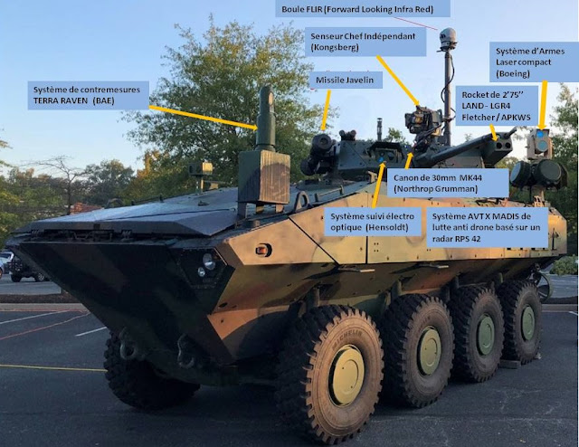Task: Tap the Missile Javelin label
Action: tap(348, 80)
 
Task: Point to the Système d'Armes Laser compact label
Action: tap(531, 61)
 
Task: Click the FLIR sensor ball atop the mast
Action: tap(448, 38)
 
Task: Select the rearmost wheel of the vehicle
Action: tap(523, 321)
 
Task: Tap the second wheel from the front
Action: tap(418, 348)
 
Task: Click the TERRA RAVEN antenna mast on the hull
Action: tap(265, 118)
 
